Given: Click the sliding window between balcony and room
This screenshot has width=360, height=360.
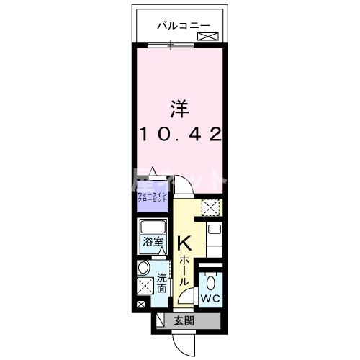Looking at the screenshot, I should [171, 46].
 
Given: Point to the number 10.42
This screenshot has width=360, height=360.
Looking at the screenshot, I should [179, 135].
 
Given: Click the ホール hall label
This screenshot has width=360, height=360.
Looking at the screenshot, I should [185, 270].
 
